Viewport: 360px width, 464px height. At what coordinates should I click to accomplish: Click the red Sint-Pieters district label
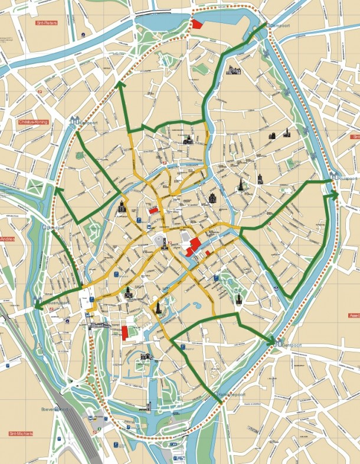pos(46,24)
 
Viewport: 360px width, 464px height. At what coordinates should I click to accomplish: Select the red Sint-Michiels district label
pos(21,433)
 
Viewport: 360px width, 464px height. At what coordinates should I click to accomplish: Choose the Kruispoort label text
pos(349,177)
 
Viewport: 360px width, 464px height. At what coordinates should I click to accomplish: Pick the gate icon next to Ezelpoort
pos(74,120)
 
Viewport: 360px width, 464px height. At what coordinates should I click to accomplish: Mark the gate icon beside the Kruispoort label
pos(333,175)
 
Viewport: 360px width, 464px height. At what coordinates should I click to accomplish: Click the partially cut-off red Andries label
pos(6,239)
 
